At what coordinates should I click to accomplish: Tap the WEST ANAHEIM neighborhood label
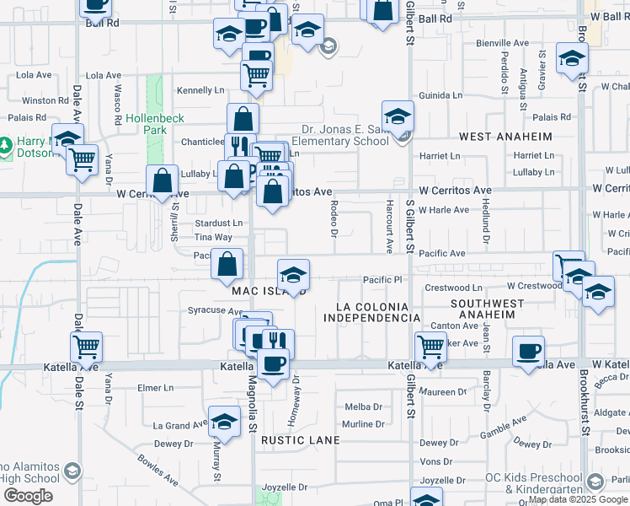click(505, 137)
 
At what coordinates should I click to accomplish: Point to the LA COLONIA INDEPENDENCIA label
click(372, 312)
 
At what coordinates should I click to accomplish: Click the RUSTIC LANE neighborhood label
click(301, 440)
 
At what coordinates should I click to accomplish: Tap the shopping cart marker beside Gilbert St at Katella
click(430, 347)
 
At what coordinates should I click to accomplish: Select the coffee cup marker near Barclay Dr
click(528, 350)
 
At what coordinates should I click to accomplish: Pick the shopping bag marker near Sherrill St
click(162, 180)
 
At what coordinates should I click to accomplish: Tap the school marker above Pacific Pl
click(293, 275)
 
